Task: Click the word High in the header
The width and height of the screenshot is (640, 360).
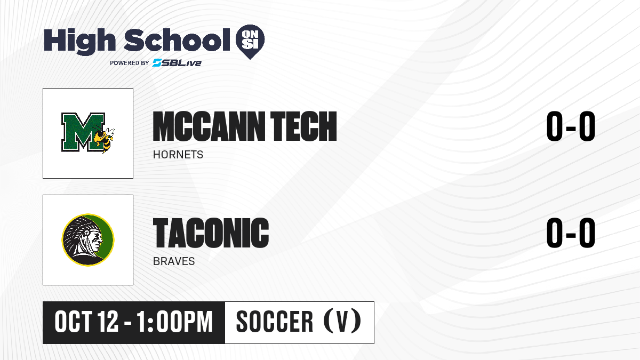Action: [79, 42]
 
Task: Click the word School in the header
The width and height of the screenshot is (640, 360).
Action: [177, 39]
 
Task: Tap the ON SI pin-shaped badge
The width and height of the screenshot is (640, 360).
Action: [250, 42]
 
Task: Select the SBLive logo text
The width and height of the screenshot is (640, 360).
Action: [177, 63]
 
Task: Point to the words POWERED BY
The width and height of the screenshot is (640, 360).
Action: [130, 63]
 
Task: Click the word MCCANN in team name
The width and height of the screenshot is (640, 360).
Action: [209, 126]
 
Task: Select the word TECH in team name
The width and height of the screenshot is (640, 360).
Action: [303, 126]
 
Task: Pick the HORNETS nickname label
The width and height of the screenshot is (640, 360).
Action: [178, 155]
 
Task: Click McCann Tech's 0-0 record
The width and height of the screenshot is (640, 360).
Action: [571, 126]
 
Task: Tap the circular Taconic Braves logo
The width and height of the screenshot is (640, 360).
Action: [88, 240]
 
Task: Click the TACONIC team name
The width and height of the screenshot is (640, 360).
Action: [211, 233]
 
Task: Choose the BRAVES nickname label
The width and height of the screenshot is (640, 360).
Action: [174, 261]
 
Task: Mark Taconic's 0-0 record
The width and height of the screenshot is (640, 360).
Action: [571, 233]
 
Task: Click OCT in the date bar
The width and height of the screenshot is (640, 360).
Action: [74, 322]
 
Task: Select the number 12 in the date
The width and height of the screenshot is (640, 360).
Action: [108, 322]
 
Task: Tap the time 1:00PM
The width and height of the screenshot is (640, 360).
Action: [175, 322]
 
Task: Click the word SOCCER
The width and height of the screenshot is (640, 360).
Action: [275, 322]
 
